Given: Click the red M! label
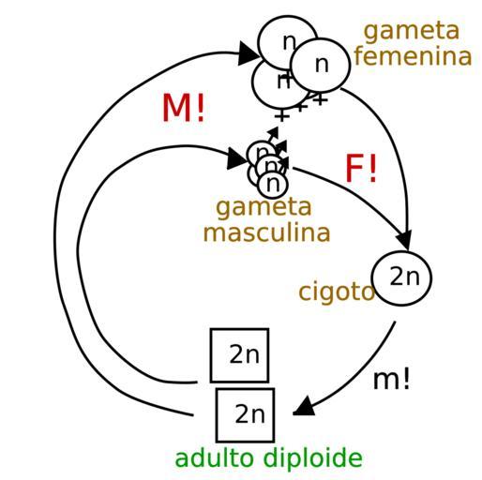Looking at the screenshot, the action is (183, 108).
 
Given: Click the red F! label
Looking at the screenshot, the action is (361, 168).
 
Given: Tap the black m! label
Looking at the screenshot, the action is (391, 379).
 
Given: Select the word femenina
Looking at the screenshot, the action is (413, 56).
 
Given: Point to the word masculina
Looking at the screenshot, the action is (266, 232).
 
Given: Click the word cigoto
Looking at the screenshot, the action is (337, 292).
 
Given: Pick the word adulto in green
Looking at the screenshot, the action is (214, 457).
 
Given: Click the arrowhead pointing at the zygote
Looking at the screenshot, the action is (405, 241).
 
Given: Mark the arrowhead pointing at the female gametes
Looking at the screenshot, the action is (249, 53).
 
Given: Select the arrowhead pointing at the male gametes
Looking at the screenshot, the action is (237, 158).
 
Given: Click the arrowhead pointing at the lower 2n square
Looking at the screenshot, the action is (304, 406).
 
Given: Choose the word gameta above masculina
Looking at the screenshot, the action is (264, 208).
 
